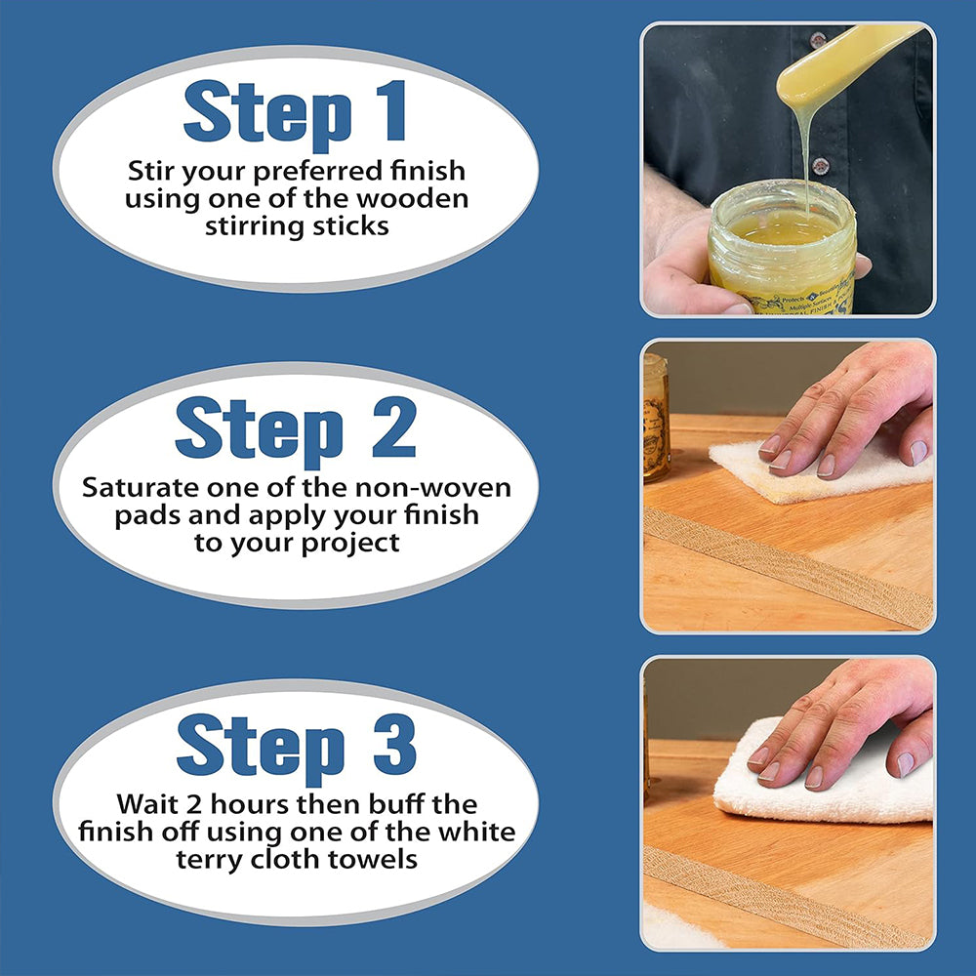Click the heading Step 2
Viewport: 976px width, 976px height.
click(295, 429)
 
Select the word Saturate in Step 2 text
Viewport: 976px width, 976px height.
click(140, 487)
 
